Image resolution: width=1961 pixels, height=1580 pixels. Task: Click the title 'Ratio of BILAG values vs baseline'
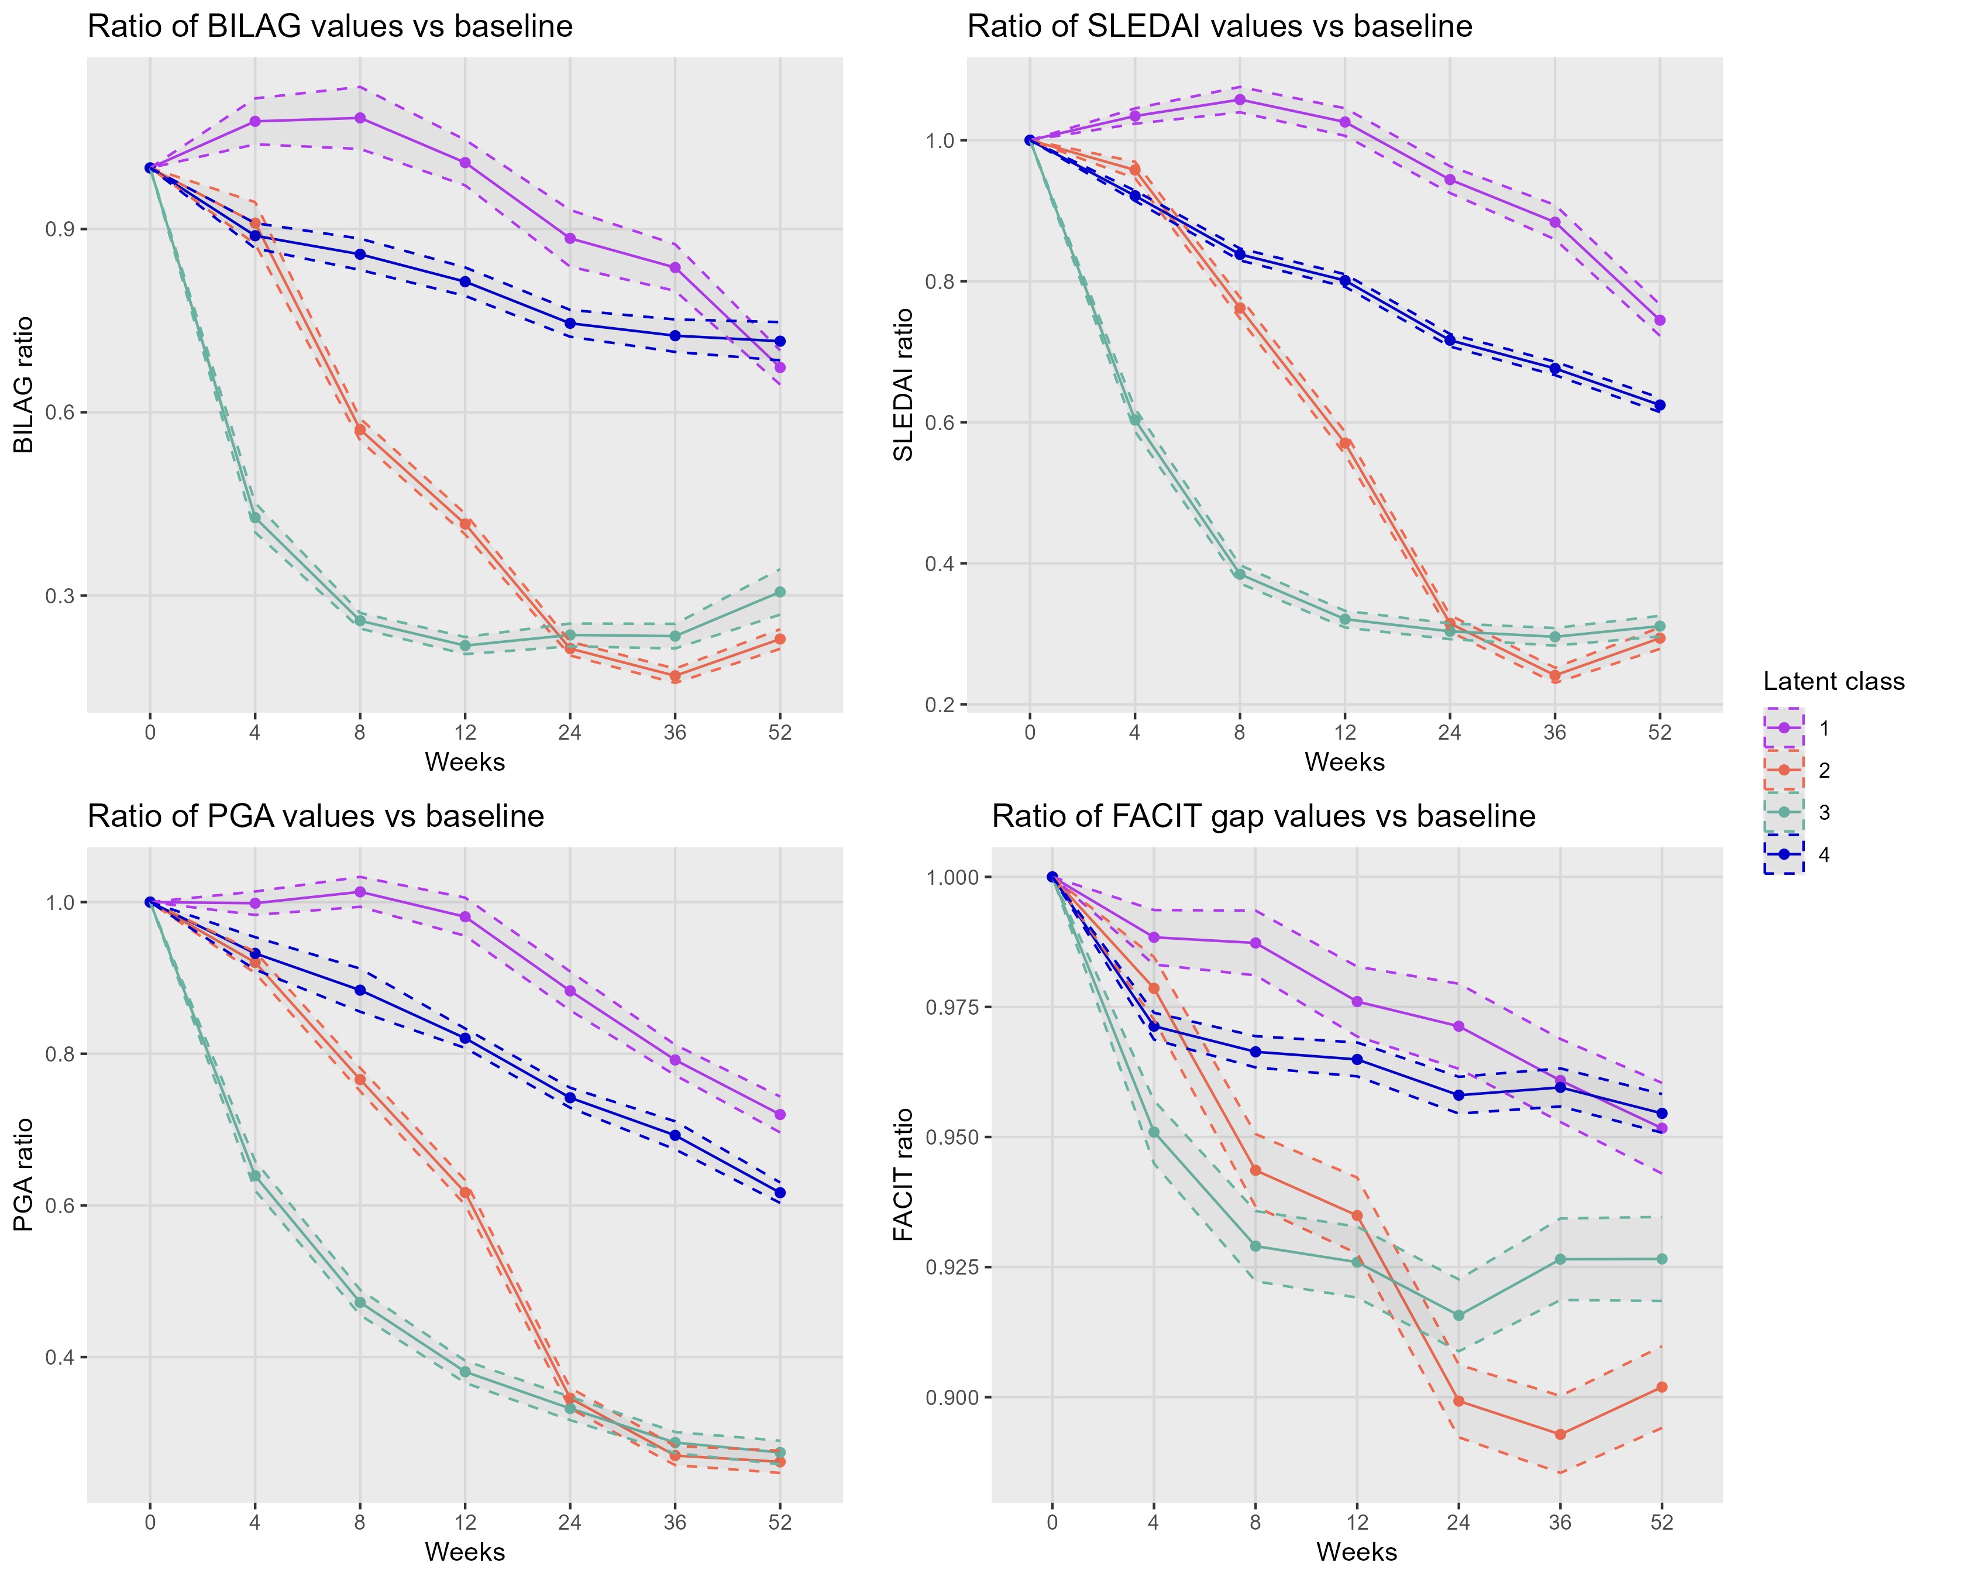[329, 26]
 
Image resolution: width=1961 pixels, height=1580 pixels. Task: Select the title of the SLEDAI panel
[1219, 26]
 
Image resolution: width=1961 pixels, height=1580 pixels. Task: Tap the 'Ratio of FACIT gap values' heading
[1263, 816]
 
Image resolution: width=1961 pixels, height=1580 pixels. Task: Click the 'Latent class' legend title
[1833, 682]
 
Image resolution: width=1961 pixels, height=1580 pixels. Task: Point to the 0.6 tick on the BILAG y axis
[60, 413]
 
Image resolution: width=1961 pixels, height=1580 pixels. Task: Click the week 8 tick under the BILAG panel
[359, 733]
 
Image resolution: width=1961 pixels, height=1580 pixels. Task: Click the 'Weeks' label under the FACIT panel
[1356, 1552]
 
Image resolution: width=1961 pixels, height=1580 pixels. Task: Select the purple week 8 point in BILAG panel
[359, 118]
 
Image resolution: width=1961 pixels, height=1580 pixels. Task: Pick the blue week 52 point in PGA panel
[780, 1192]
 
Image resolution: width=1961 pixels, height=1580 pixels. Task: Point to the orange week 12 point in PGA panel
[465, 1192]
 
